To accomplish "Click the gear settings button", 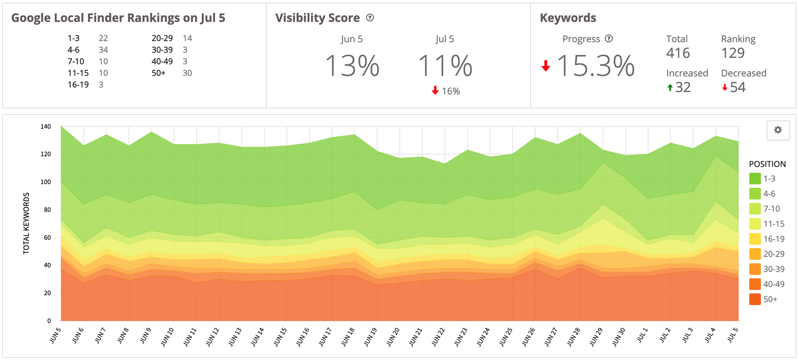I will [778, 130].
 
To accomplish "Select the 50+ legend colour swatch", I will [755, 299].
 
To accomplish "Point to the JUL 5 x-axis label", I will [732, 335].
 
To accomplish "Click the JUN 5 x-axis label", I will [56, 336].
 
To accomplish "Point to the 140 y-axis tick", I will [46, 127].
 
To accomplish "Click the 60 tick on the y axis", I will [47, 238].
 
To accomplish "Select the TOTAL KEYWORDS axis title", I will [26, 223].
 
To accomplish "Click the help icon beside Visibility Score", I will [370, 18].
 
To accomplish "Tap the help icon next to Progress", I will [609, 39].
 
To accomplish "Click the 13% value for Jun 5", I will [352, 66].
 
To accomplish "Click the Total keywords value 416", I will [678, 53].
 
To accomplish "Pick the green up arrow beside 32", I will [670, 88].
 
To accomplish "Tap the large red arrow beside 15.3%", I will [546, 66].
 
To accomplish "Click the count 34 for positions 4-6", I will [103, 50].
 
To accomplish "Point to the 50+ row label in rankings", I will [159, 73].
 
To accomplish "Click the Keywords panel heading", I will [568, 18].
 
